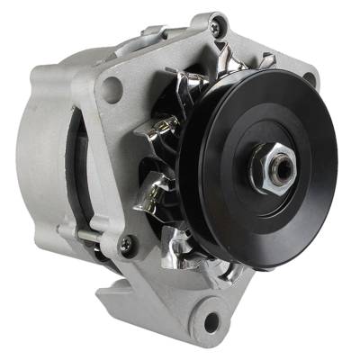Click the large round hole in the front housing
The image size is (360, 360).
click(112, 87)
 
